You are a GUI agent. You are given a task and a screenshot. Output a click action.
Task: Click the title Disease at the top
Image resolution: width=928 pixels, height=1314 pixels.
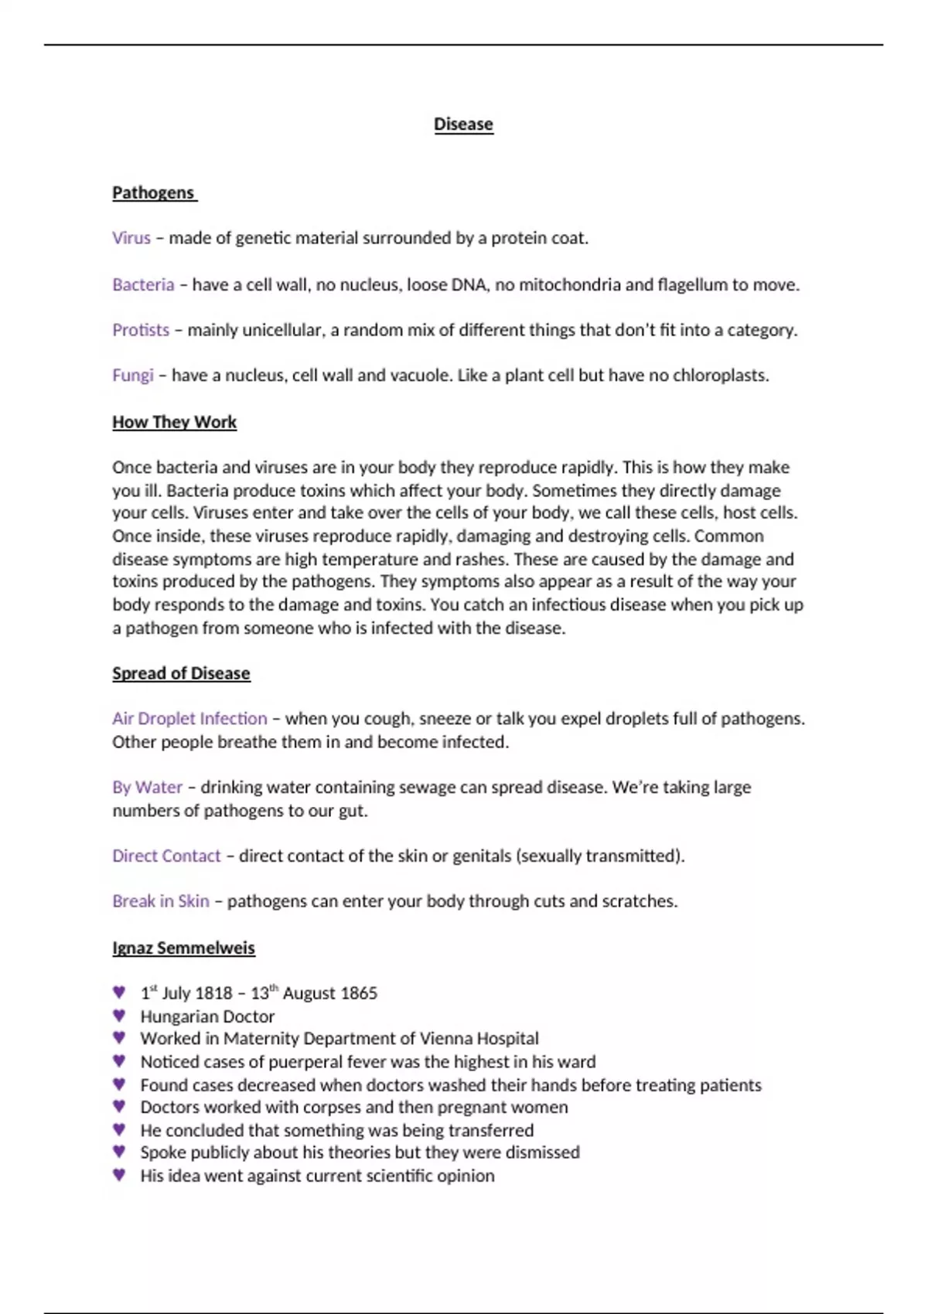463,124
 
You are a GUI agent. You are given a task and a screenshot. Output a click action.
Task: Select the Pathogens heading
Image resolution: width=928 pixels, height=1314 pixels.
153,192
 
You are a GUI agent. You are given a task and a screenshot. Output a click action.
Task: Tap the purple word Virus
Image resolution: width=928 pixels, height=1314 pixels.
131,238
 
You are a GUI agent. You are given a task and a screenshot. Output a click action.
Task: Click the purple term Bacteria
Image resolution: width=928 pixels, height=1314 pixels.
143,284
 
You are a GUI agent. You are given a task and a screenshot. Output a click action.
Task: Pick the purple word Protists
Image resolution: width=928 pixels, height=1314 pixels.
141,330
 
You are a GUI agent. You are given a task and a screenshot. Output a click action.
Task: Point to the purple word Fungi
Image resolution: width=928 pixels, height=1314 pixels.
133,376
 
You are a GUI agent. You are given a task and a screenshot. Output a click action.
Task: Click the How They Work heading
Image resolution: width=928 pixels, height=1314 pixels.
174,422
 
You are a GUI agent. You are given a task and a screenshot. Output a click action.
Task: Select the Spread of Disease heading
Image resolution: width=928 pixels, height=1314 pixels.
181,673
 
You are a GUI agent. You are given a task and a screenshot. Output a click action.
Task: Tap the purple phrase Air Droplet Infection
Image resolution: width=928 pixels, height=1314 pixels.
189,719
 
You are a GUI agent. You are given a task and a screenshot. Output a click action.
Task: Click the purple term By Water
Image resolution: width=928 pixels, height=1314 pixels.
147,787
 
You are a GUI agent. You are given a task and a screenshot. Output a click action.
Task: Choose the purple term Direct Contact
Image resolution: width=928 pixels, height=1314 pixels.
166,856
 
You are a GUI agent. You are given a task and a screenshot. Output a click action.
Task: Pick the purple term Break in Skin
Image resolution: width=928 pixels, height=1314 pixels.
161,901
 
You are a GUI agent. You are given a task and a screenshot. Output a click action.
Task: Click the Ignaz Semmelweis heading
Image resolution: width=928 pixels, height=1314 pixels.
183,948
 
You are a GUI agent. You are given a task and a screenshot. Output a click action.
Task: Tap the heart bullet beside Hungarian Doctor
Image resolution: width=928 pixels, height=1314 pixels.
119,1016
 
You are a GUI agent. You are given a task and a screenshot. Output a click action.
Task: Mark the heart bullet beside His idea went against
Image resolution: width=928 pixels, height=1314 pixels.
119,1175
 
